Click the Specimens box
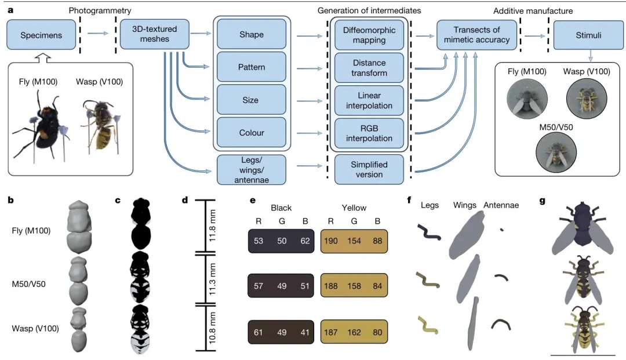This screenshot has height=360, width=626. click(x=41, y=35)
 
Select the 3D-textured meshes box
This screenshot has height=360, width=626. click(x=154, y=34)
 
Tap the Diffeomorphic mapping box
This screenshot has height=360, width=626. click(x=369, y=35)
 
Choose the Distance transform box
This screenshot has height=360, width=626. click(x=369, y=67)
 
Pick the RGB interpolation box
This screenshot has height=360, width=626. click(x=369, y=133)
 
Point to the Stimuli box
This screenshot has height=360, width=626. click(x=588, y=35)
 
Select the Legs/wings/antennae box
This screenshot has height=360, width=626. click(x=251, y=170)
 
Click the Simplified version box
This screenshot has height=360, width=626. click(x=369, y=170)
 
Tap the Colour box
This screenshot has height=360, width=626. click(x=251, y=133)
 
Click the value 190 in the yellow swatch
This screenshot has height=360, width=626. click(x=333, y=241)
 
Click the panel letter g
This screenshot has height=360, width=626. click(x=543, y=201)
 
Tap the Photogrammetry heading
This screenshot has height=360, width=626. click(x=100, y=11)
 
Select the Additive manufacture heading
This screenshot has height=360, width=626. click(x=533, y=11)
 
